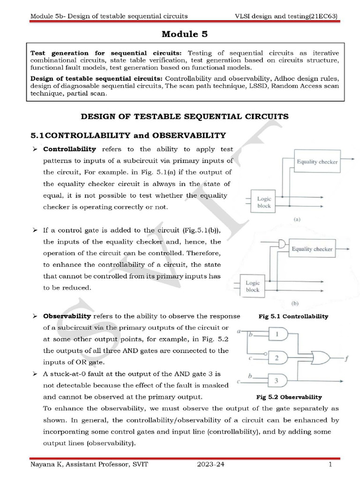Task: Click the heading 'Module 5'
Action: pos(184,34)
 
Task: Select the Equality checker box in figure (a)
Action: pos(317,162)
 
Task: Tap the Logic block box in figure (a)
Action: pos(264,202)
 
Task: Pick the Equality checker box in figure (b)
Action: pos(312,249)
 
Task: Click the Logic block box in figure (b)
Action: pos(252,286)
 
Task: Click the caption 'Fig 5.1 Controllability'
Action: pos(293,316)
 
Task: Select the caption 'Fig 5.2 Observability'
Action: pos(289,397)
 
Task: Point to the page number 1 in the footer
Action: pos(330,465)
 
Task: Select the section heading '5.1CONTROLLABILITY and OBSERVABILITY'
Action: pos(128,135)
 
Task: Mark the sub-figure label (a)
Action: pos(297,219)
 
